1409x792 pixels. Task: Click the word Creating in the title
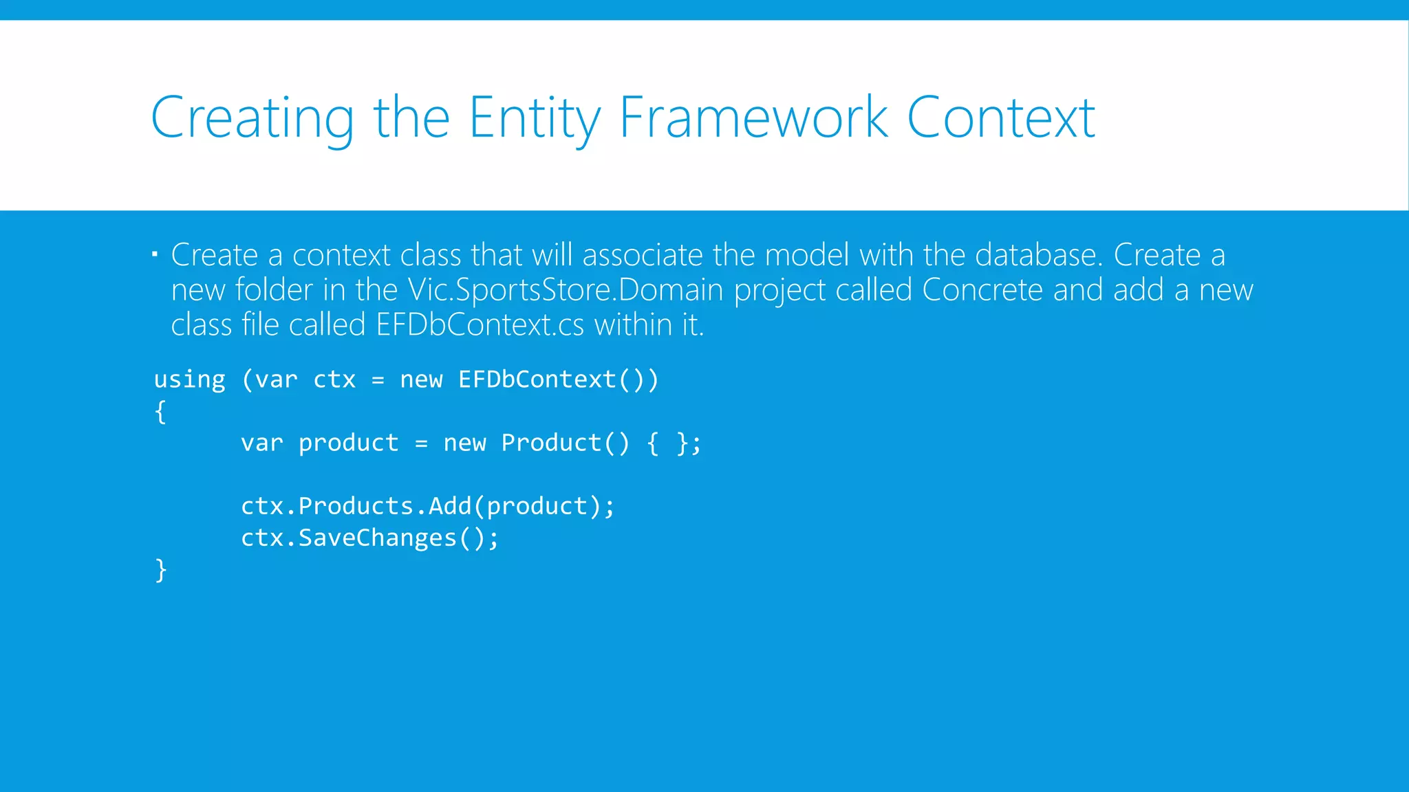pos(252,119)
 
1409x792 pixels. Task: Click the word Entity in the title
pos(534,119)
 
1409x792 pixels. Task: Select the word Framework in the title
pos(753,119)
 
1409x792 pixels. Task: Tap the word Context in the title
pos(1000,119)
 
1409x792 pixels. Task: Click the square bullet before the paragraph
pos(155,255)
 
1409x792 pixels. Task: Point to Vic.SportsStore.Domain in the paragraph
pos(565,290)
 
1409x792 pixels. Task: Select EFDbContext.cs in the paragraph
pos(480,325)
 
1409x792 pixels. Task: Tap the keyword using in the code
pos(189,379)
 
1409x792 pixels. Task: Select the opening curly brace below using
pos(160,412)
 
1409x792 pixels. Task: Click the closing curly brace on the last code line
pos(160,570)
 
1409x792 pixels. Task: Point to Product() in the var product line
pos(565,443)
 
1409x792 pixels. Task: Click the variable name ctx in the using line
pos(334,379)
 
